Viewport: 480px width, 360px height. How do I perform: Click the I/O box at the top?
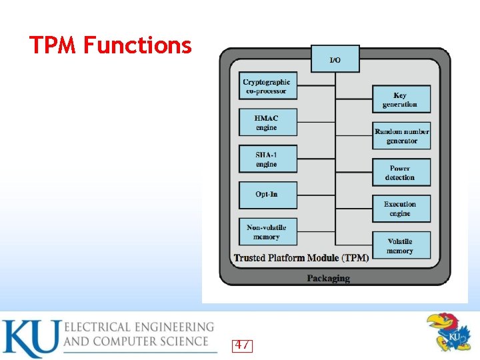335,59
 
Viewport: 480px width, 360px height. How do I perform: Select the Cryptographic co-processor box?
267,87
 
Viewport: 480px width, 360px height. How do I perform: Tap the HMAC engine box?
267,123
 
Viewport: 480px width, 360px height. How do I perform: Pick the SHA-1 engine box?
267,159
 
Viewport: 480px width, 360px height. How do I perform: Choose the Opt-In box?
267,195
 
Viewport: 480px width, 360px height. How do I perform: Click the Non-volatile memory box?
267,232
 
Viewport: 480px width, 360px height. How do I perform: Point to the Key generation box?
400,99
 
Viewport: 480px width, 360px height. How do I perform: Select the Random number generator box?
401,136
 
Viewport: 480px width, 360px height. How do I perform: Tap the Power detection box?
400,173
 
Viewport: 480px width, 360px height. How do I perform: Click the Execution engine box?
400,209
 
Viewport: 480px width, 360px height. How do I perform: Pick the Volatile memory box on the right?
400,245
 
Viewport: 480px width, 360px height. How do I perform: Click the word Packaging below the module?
328,278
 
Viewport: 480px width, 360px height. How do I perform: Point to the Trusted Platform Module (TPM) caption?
301,258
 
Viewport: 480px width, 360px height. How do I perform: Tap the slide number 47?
242,345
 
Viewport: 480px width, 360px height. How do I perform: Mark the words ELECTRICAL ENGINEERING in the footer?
139,327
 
